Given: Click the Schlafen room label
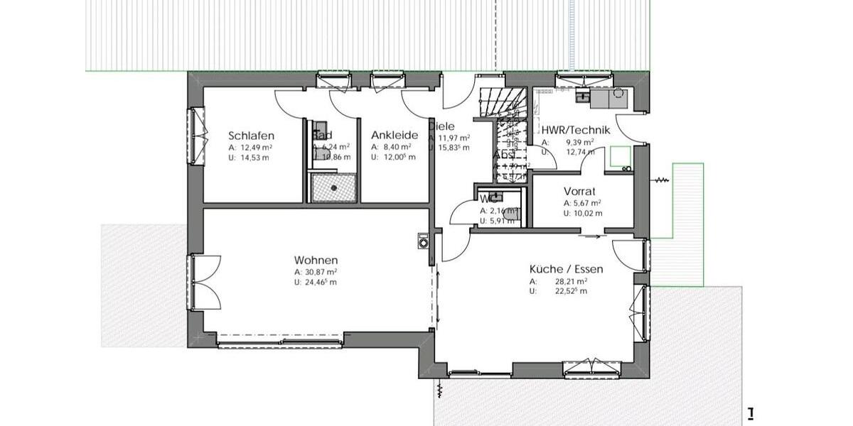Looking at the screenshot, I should tap(251, 136).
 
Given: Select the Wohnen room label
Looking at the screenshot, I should tap(316, 260).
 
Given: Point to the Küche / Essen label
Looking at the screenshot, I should tap(566, 269).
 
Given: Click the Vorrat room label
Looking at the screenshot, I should tap(579, 191).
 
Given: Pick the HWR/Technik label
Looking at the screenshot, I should tap(576, 130).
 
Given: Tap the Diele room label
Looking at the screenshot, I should tap(441, 126).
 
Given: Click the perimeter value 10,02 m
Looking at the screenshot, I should tap(588, 213).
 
